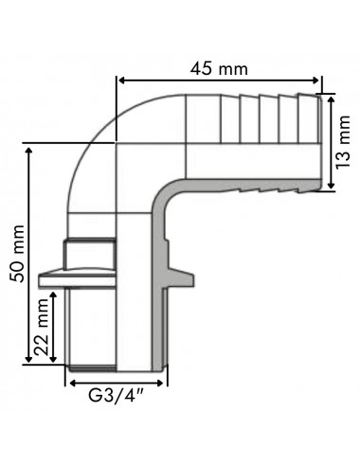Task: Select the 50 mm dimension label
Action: (16, 255)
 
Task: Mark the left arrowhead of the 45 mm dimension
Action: (121, 81)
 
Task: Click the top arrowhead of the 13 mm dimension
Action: (331, 98)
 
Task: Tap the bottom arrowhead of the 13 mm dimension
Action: (331, 185)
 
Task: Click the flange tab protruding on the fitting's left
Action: (53, 280)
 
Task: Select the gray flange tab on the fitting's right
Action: (183, 278)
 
